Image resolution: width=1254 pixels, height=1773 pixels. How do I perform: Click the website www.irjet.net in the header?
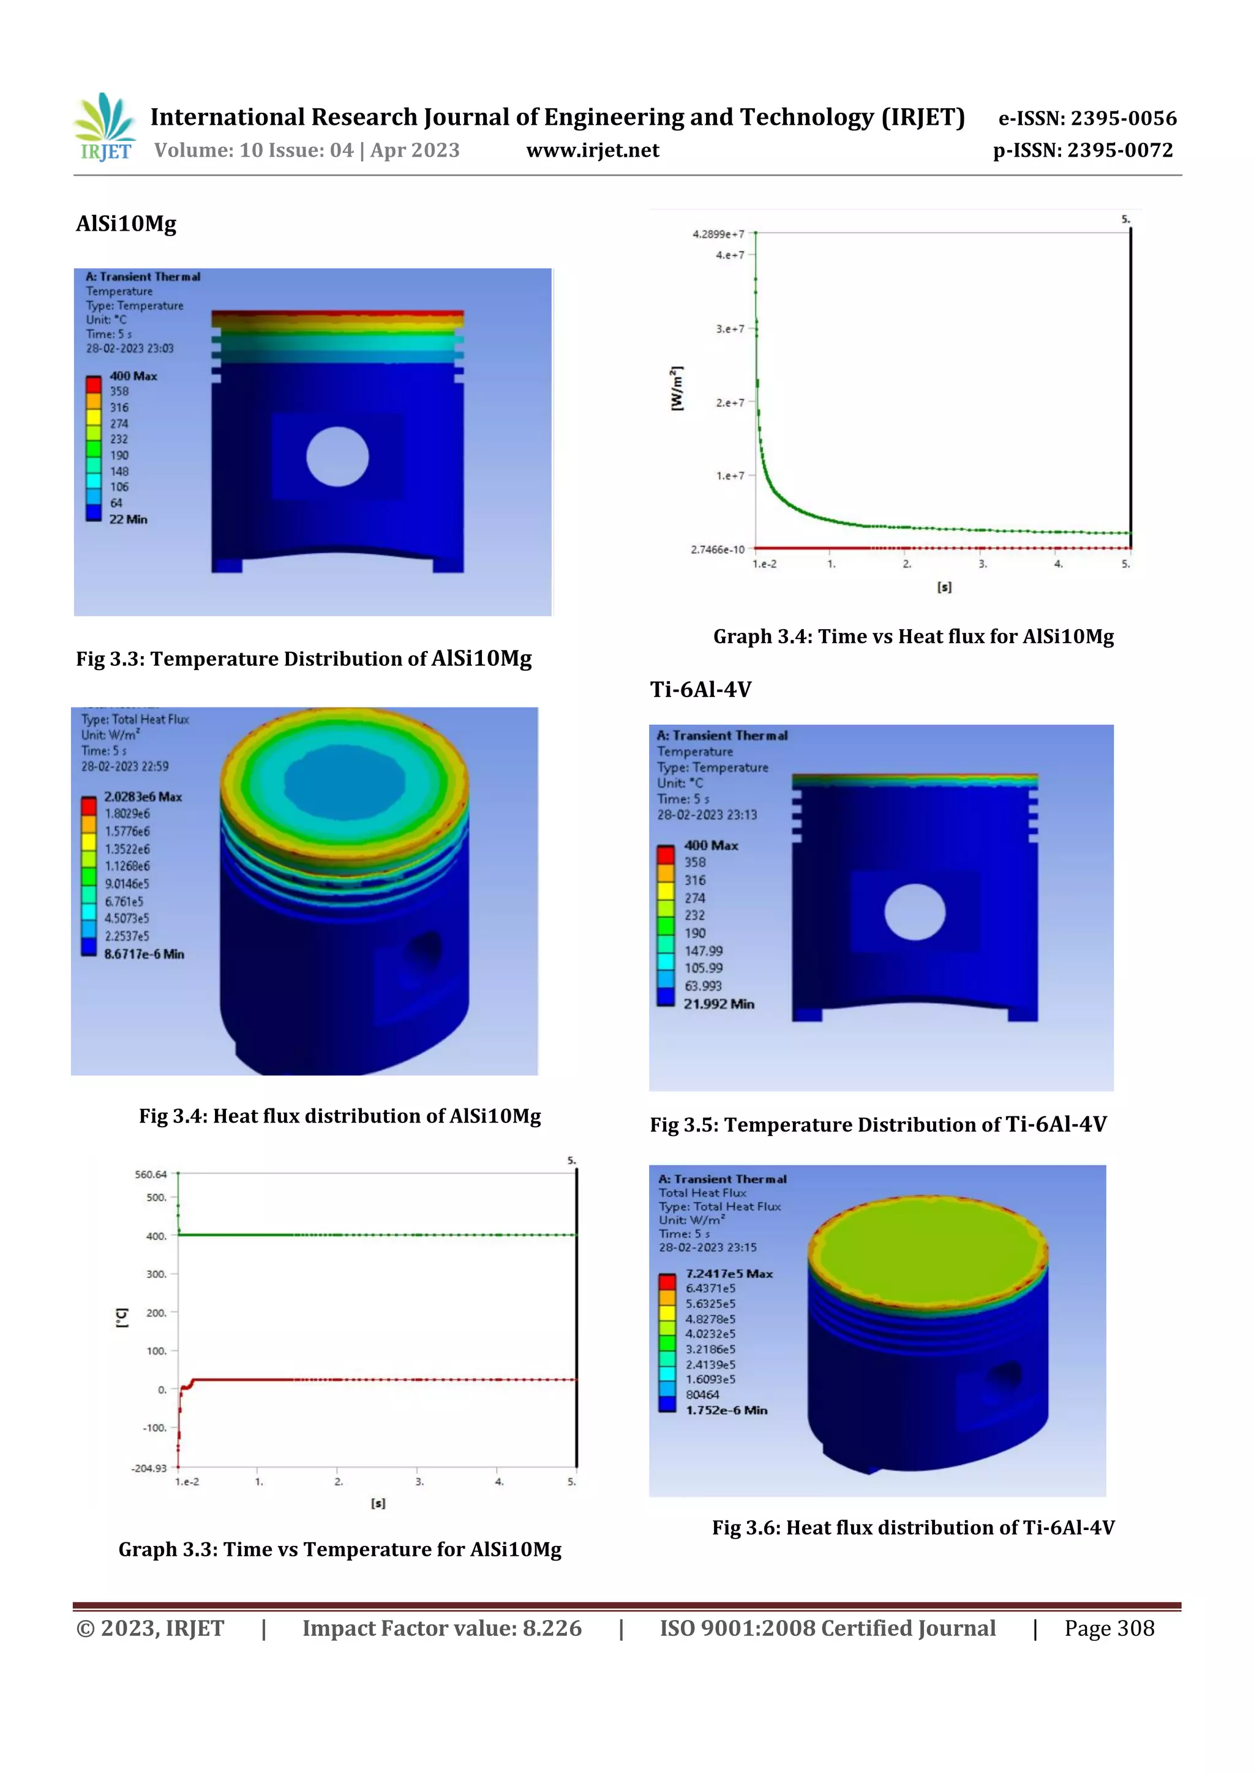tap(593, 151)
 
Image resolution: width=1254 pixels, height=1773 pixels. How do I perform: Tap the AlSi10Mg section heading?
tap(126, 224)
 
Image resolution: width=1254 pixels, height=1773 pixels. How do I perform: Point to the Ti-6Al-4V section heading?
tap(700, 690)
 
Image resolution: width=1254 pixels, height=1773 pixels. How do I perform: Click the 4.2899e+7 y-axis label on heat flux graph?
tap(718, 234)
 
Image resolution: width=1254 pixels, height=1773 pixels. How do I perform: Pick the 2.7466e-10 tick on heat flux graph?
tap(717, 550)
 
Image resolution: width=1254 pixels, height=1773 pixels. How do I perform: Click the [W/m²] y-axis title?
tap(677, 389)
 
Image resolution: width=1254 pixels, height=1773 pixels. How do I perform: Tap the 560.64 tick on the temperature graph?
tap(151, 1174)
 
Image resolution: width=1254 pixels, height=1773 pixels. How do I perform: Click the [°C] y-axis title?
tap(121, 1318)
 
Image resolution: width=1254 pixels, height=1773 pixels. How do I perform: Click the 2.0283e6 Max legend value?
tap(143, 797)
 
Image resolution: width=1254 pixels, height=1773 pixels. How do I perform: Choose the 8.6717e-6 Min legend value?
tap(144, 955)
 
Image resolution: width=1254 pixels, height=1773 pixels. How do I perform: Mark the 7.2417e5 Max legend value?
tap(729, 1274)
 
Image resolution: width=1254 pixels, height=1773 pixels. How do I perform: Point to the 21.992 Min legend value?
tap(719, 1004)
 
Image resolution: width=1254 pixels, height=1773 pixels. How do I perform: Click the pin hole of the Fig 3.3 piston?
tap(337, 457)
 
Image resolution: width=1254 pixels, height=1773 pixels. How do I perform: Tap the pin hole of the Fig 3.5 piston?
tap(914, 912)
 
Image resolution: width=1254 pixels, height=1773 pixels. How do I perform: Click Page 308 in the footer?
tap(1109, 1629)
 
